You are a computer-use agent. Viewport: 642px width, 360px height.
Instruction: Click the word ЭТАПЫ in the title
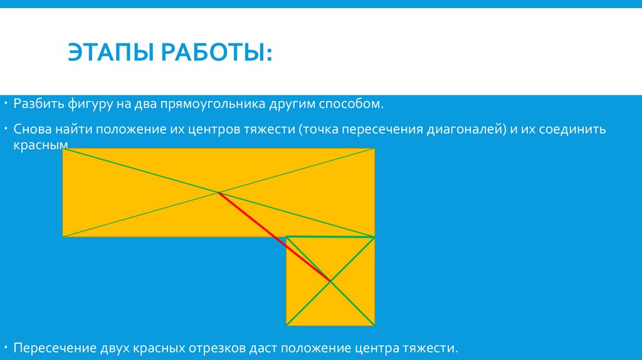108,52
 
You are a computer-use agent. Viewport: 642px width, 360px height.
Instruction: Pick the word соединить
571,130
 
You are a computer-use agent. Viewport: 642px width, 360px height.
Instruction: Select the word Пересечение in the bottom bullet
55,347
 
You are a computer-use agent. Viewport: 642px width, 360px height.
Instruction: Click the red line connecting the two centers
274,236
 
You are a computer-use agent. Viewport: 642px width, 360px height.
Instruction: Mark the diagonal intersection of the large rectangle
218,193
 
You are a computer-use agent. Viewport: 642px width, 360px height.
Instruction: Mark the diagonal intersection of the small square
330,281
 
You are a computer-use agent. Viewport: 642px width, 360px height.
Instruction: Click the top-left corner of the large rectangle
63,149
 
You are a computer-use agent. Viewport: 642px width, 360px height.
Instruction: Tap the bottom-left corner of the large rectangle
63,236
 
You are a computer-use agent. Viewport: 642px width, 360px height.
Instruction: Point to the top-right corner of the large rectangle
375,149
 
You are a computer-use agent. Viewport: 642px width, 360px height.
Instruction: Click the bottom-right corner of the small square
375,325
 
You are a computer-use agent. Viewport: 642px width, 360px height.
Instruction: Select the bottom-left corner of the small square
287,325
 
